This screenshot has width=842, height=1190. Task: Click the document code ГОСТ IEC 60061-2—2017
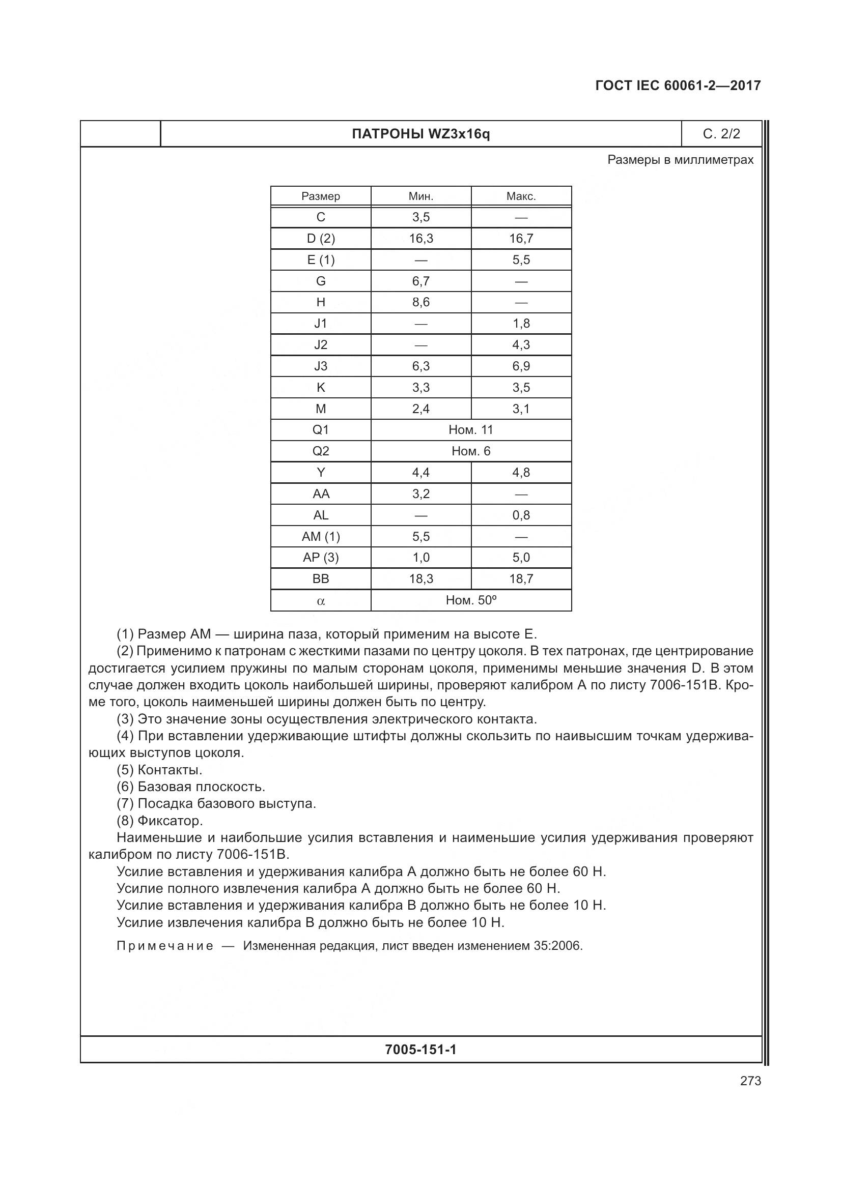(678, 85)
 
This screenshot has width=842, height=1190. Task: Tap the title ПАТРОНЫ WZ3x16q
(420, 134)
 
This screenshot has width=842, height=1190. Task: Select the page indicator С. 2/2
(721, 134)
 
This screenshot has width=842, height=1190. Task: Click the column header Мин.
(420, 196)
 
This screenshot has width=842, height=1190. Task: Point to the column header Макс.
(521, 196)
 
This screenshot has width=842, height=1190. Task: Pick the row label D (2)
(320, 239)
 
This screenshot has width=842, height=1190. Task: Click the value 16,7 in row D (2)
(521, 239)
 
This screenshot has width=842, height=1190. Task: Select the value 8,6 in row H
(420, 302)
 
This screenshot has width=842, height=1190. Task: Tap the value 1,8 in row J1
(521, 324)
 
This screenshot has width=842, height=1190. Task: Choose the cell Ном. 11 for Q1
(471, 430)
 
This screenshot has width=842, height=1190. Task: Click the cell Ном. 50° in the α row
(471, 600)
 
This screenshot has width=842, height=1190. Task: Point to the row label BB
(320, 579)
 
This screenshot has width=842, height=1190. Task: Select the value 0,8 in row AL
(521, 515)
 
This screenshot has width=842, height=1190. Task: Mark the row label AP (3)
(320, 558)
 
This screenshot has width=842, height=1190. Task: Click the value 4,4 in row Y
(420, 473)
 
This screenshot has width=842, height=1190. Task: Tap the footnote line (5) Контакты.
(159, 770)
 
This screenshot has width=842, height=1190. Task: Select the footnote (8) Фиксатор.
(159, 821)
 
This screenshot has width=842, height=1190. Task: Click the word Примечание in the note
(165, 946)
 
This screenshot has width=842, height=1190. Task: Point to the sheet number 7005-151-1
(420, 1050)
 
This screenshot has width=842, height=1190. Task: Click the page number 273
(750, 1081)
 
